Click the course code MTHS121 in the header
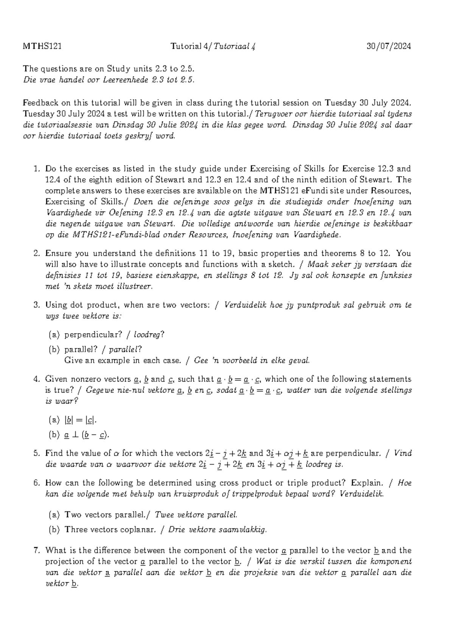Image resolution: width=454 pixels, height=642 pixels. [x=42, y=47]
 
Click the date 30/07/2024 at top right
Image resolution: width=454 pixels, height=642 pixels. [x=389, y=47]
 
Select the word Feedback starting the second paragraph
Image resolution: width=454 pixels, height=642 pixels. [x=39, y=103]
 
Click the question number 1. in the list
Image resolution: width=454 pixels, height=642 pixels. [x=37, y=169]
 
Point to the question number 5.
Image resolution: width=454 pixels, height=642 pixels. [x=37, y=453]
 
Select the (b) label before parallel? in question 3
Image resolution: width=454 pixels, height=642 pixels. [x=54, y=349]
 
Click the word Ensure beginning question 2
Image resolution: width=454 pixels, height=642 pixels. [x=58, y=254]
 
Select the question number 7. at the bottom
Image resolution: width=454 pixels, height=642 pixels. [x=37, y=551]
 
